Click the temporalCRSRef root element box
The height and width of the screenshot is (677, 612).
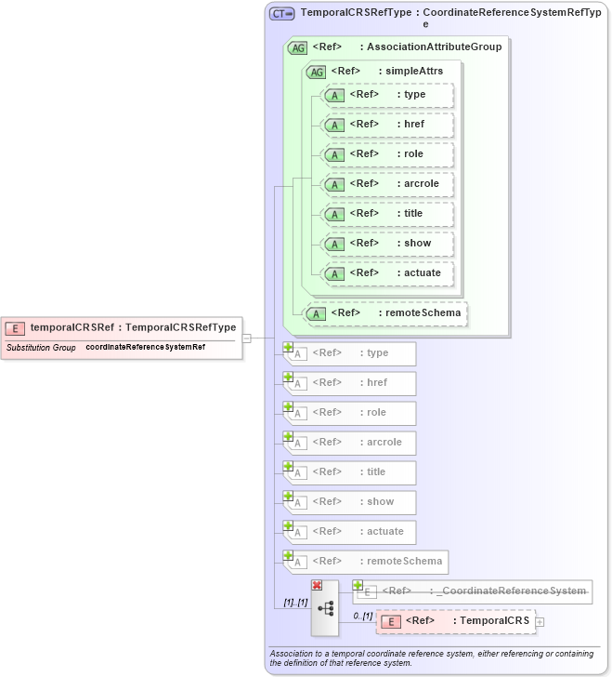click(123, 327)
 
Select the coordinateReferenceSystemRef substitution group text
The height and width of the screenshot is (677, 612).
click(145, 347)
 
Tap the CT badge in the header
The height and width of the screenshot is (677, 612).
click(281, 14)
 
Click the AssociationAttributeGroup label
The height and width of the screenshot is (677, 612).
click(433, 46)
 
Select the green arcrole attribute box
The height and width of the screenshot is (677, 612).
click(385, 184)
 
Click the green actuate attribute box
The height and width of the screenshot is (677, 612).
click(385, 273)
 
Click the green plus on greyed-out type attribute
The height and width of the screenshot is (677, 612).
click(288, 347)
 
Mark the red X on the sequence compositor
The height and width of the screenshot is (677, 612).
click(317, 585)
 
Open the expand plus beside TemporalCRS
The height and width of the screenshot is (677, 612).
click(540, 621)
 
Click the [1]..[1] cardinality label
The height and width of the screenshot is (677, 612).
click(295, 604)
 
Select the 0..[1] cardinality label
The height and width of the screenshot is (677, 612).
click(362, 616)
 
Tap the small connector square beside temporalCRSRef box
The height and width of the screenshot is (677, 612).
click(247, 338)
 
